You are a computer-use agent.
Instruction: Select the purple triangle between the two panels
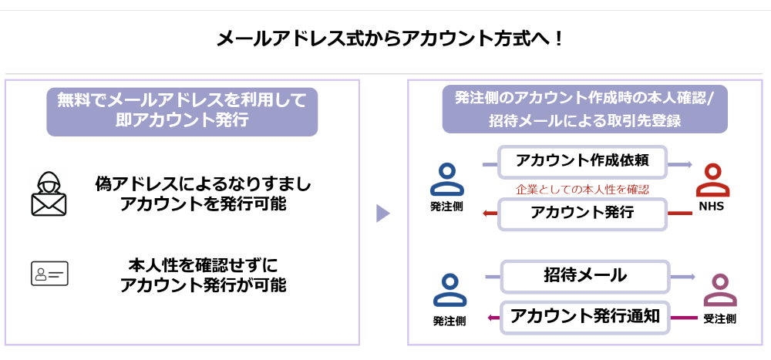point(382,213)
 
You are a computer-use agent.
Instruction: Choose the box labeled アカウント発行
point(582,214)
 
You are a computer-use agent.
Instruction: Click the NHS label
point(712,207)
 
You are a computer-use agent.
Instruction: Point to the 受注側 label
point(719,318)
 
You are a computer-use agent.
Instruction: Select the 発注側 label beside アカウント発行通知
point(449,321)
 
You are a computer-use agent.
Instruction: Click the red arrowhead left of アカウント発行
point(486,214)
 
